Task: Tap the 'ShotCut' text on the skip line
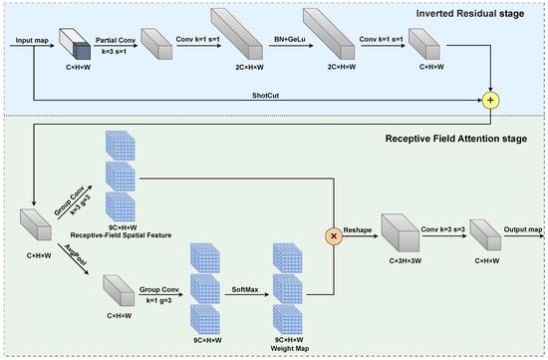coord(262,96)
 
